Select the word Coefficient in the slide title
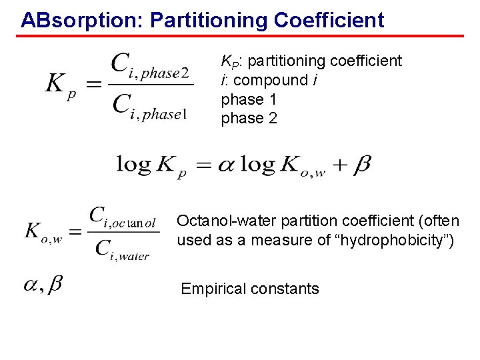(329, 20)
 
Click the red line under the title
(240, 35)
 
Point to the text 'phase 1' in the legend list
(249, 99)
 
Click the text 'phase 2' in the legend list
(249, 118)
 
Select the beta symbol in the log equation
(361, 165)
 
